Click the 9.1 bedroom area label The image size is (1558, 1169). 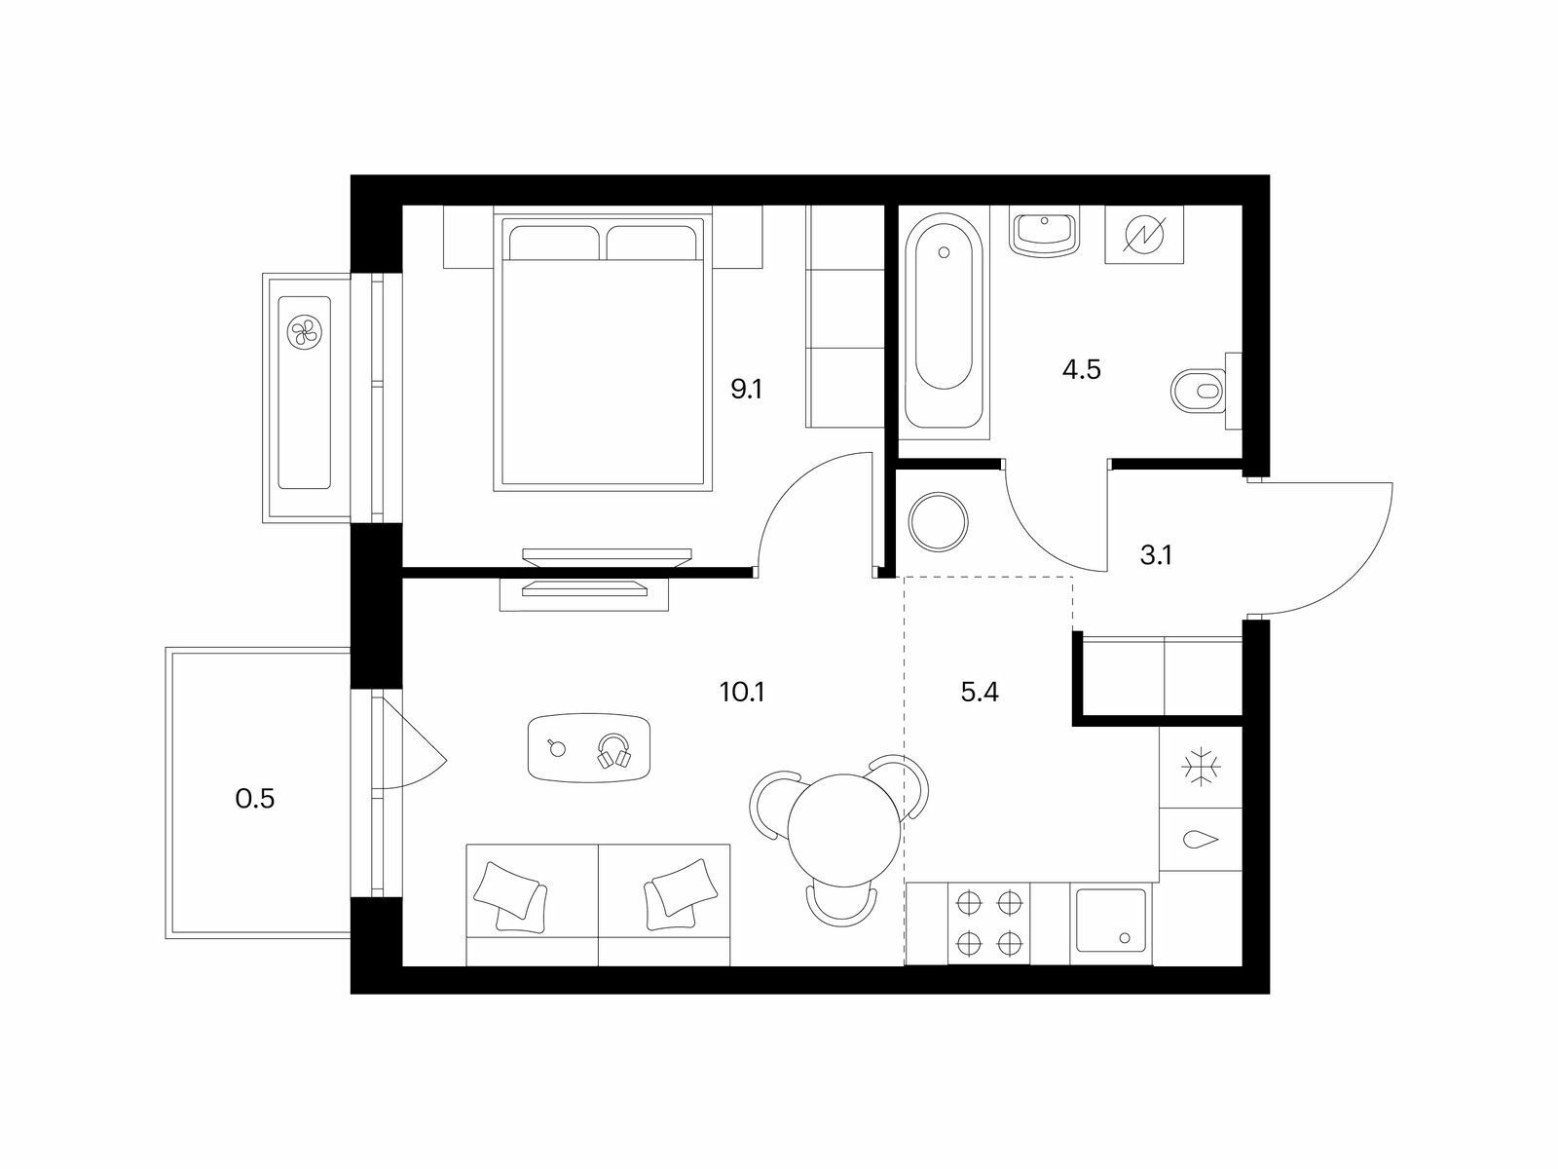click(747, 390)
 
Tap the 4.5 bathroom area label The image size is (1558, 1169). click(1081, 370)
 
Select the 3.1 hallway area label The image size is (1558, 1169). click(1156, 555)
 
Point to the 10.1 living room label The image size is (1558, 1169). click(742, 692)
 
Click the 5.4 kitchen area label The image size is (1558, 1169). click(980, 692)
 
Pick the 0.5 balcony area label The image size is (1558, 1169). click(255, 799)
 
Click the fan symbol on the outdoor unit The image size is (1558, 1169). click(304, 331)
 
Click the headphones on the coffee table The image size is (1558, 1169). click(614, 751)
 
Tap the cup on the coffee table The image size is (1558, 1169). click(556, 747)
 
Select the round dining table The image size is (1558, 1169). click(844, 830)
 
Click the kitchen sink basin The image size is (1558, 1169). click(1112, 921)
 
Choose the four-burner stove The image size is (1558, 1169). click(988, 924)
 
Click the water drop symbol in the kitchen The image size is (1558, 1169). click(1201, 840)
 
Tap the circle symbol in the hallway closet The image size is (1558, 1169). click(939, 522)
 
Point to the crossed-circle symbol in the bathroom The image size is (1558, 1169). click(1144, 234)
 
